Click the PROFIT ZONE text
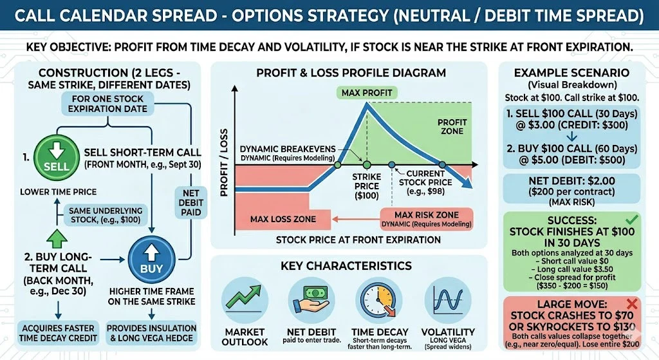tap(452, 126)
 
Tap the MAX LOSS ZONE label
tap(283, 219)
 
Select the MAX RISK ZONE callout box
tap(426, 219)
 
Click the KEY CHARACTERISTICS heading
tap(346, 265)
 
